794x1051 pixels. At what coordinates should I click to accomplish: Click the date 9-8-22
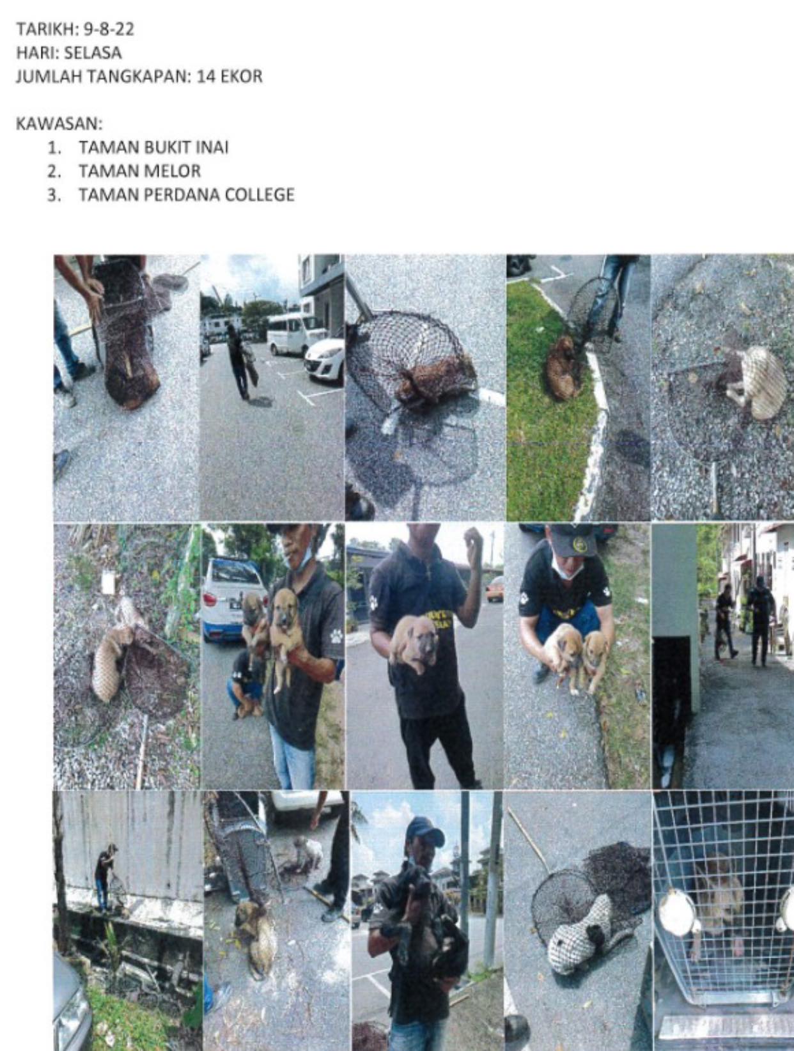tap(109, 29)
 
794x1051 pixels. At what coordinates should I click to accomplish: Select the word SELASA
tap(93, 52)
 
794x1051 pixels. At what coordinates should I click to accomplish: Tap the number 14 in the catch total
tap(205, 76)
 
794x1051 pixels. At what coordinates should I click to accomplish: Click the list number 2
tap(54, 171)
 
